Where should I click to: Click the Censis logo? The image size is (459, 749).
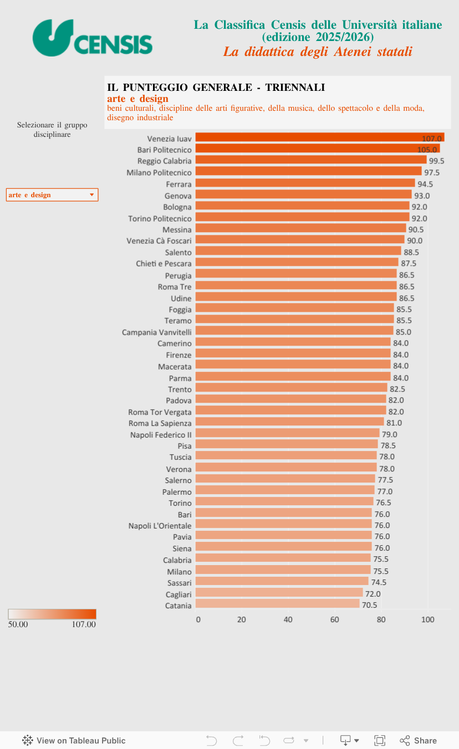[92, 38]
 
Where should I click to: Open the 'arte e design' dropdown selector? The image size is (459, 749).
[52, 194]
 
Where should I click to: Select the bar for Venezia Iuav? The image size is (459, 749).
[320, 137]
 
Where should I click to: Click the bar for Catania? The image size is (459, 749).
[277, 604]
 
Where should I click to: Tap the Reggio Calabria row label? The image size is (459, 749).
[165, 161]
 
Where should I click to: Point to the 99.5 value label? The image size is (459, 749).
[437, 161]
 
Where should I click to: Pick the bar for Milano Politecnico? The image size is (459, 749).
[308, 172]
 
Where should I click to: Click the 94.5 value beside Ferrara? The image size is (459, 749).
[425, 184]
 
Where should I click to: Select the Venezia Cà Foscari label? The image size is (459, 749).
[159, 240]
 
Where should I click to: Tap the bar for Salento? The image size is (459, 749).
[298, 252]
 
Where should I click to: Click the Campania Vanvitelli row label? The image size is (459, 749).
[157, 332]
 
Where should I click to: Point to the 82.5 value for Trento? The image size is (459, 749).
[397, 389]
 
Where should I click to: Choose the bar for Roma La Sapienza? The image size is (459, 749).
[289, 422]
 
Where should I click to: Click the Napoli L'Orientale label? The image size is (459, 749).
[160, 525]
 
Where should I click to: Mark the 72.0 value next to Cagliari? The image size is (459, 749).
[373, 594]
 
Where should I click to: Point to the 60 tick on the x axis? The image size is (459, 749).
[335, 619]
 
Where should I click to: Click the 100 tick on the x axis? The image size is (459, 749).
[427, 619]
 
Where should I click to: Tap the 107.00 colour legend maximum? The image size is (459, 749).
[84, 624]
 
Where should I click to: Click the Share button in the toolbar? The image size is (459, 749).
[419, 741]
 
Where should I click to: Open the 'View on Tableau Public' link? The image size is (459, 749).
[74, 741]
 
